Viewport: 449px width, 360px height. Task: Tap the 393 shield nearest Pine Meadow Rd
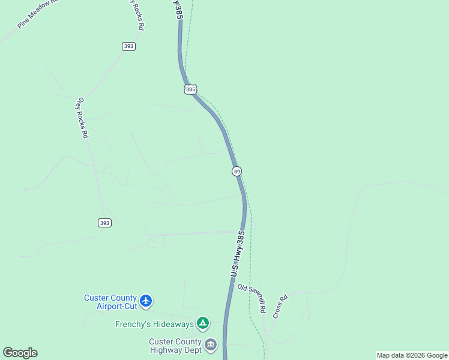point(128,46)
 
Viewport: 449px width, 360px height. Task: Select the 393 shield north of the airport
point(104,223)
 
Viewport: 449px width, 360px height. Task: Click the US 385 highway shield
point(190,89)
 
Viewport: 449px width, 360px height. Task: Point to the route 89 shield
point(237,172)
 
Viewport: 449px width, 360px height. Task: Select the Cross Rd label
point(279,305)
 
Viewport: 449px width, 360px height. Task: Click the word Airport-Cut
point(117,306)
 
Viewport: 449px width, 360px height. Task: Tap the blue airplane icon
point(146,300)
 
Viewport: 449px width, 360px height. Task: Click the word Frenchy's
point(133,325)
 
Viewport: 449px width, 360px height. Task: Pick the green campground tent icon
point(203,323)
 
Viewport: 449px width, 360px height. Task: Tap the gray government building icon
point(210,344)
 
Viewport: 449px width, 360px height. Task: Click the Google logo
point(20,353)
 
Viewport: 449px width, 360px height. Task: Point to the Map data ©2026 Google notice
point(412,355)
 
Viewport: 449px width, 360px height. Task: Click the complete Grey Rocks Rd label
point(82,118)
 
